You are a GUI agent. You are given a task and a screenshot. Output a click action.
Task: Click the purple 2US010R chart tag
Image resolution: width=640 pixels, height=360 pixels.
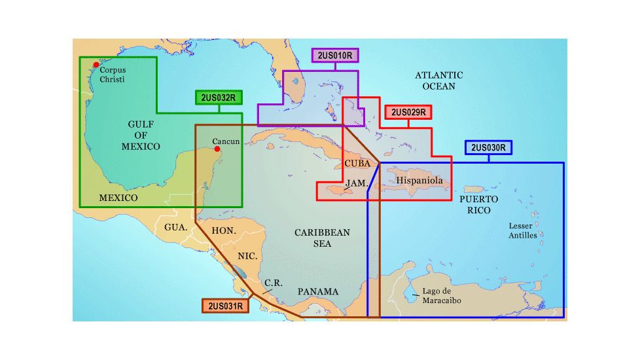[x=336, y=56]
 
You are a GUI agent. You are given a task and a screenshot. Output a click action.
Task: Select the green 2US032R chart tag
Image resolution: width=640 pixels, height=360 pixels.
[x=219, y=98]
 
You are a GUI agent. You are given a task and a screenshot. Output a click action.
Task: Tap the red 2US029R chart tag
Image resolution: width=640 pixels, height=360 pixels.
[x=408, y=113]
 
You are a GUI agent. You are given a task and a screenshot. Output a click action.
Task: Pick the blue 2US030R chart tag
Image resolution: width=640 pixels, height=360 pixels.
[x=488, y=147]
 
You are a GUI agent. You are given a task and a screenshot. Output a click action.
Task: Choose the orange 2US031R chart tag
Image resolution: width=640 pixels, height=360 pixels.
[x=226, y=306]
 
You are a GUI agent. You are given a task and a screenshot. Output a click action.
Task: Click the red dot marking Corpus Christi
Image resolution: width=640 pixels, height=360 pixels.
[x=96, y=65]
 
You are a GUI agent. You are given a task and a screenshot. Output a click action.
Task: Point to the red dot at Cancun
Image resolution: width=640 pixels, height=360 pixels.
[x=217, y=148]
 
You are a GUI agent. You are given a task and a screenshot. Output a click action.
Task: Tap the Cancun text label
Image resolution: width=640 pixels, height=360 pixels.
[x=226, y=141]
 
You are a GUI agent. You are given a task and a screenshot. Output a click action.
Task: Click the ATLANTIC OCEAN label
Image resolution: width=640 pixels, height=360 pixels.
[x=439, y=81]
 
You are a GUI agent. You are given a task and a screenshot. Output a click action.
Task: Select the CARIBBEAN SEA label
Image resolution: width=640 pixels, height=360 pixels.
[x=322, y=238]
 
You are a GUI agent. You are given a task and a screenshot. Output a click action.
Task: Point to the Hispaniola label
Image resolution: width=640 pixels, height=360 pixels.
[x=419, y=180]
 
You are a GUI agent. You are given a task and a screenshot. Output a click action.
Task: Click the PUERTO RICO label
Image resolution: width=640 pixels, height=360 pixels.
[x=478, y=204]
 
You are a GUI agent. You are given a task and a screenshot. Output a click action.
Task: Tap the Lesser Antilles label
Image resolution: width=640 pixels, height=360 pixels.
[x=523, y=230]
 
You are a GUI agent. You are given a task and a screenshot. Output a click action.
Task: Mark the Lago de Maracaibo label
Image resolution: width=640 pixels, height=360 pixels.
[x=442, y=295]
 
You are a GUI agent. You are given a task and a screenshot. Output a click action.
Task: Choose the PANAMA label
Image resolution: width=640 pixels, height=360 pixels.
[x=318, y=291]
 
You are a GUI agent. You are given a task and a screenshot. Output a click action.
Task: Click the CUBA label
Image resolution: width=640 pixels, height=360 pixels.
[x=357, y=163]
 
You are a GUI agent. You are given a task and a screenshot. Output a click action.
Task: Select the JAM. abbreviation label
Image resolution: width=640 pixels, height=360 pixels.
[x=356, y=183]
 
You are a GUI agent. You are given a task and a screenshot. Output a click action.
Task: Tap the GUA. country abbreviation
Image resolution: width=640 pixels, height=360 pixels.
[x=176, y=227]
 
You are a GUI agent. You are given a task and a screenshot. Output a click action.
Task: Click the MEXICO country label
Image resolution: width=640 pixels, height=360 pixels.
[x=118, y=198]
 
